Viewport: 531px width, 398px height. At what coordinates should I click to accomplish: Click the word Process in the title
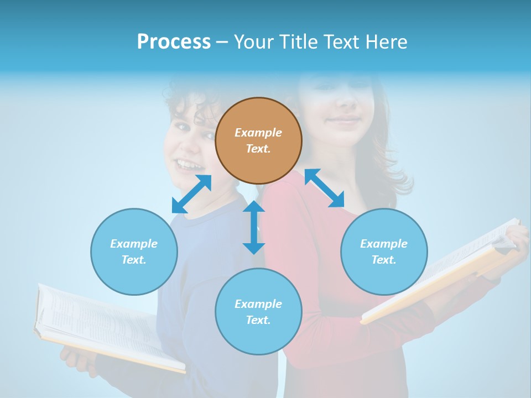[x=174, y=42]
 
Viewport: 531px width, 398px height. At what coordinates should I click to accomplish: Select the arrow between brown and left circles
[x=191, y=194]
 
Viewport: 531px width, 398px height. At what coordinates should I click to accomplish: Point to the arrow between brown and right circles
[x=324, y=188]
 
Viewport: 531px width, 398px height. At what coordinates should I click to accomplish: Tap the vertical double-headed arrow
[x=254, y=227]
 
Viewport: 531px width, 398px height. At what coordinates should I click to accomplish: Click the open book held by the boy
[x=105, y=326]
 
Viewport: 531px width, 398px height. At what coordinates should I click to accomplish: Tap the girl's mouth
[x=344, y=120]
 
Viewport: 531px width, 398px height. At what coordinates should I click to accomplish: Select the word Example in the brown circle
[x=258, y=133]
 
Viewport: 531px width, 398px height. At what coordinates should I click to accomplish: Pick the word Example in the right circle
[x=384, y=244]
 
